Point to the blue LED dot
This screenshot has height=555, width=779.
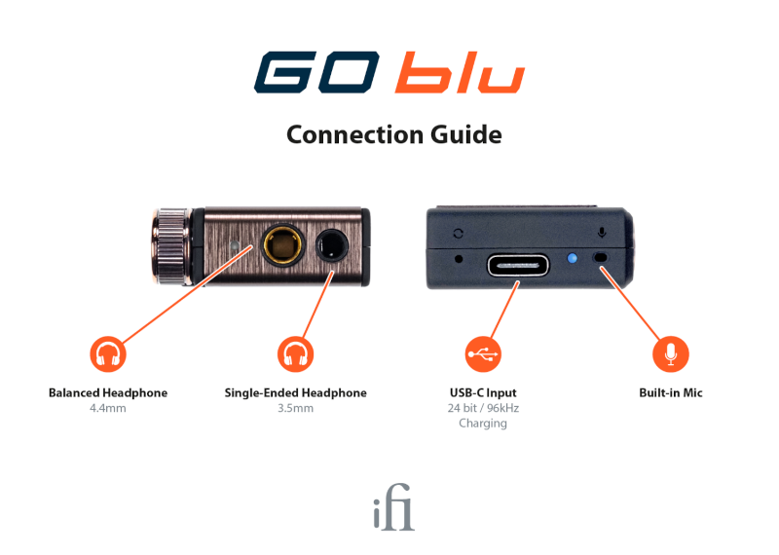(x=573, y=258)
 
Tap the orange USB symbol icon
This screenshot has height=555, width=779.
(x=484, y=354)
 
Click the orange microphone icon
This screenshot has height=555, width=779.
(x=670, y=354)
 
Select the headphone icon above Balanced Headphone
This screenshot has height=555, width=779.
(x=108, y=354)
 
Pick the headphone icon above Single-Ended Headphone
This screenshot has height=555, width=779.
(x=295, y=354)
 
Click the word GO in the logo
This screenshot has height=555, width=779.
(x=318, y=74)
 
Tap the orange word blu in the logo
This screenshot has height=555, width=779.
(x=460, y=74)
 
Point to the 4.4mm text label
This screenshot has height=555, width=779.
(x=107, y=408)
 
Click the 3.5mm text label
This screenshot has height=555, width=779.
(x=295, y=408)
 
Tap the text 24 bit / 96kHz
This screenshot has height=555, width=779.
(x=483, y=408)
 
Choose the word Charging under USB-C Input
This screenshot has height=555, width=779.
(x=483, y=424)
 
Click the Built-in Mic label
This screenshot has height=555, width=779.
(x=670, y=393)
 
